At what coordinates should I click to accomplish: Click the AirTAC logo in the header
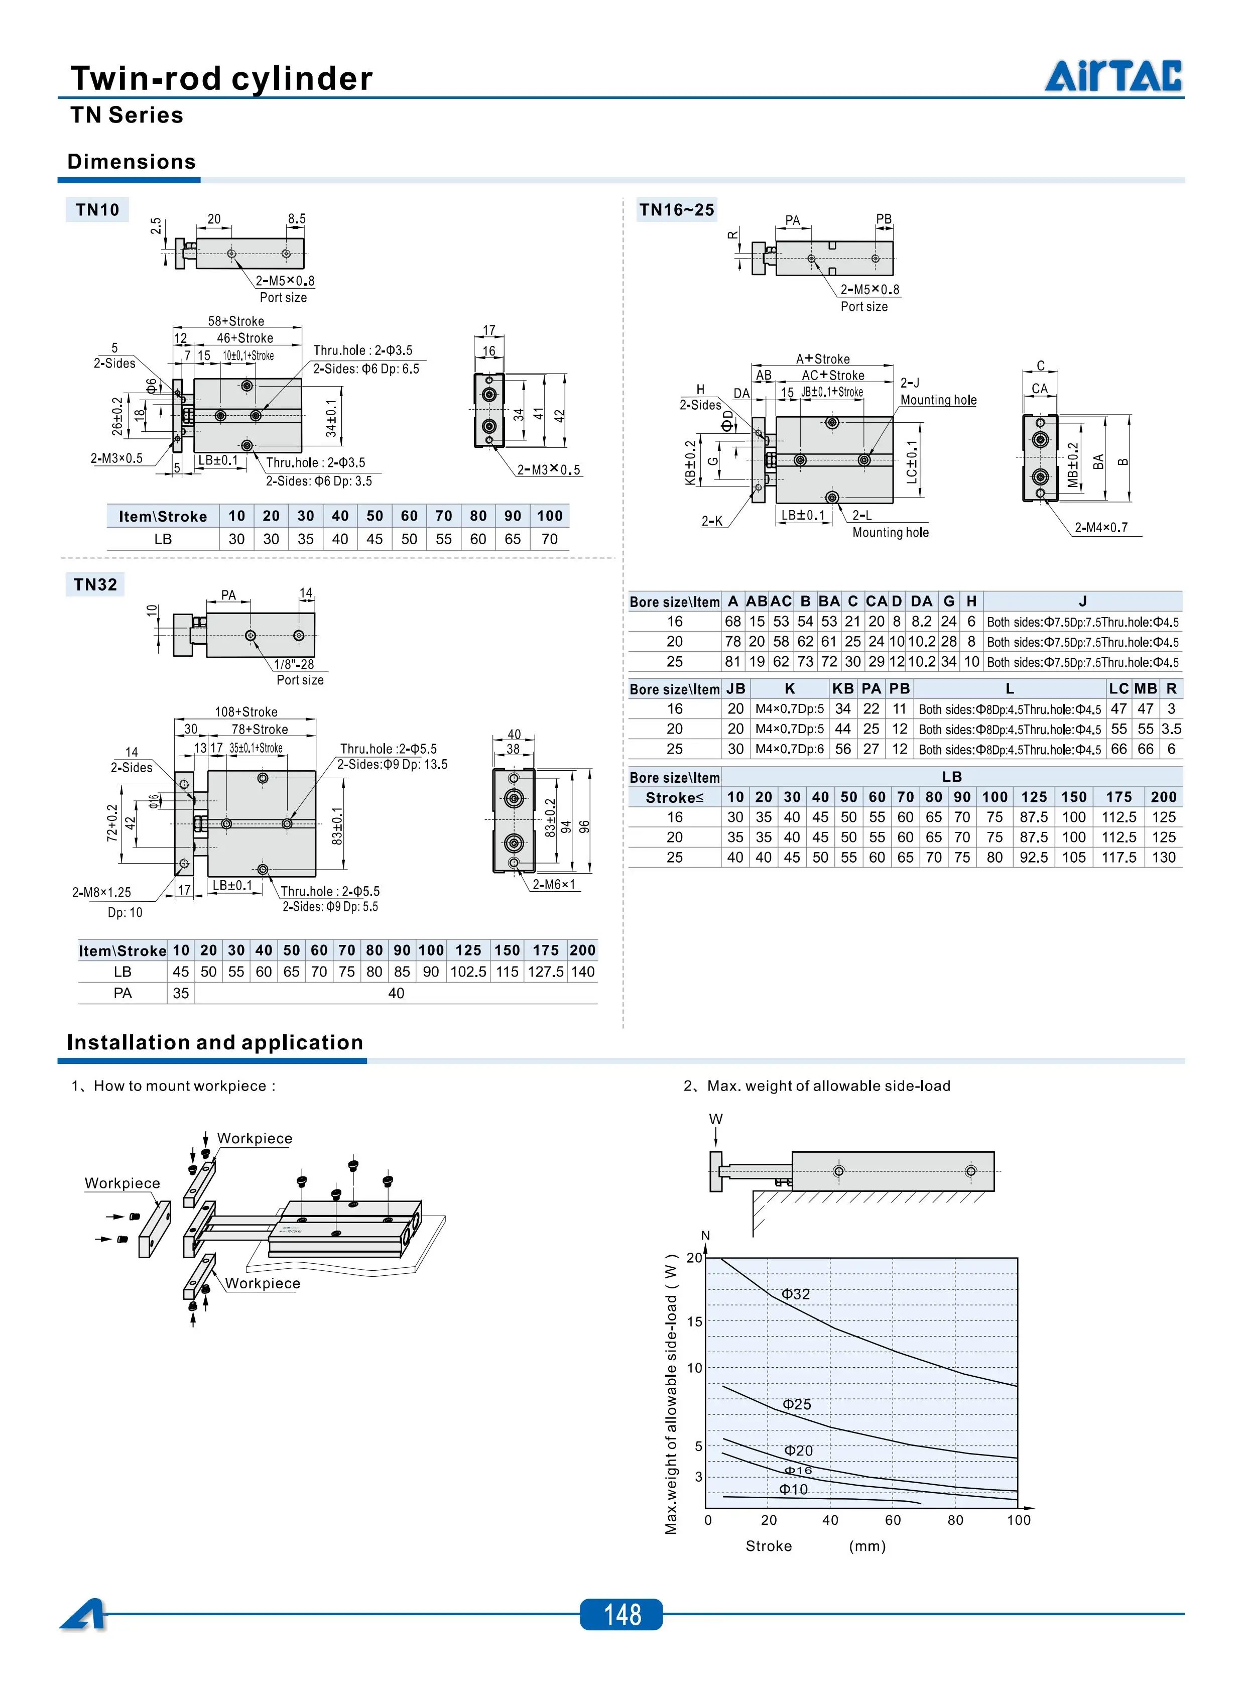coord(1113,75)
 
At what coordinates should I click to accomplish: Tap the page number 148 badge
coord(621,1615)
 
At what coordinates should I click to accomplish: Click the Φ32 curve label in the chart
coord(796,1294)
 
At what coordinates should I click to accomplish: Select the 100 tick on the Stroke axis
coord(1019,1520)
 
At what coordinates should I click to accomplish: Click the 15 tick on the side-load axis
coord(694,1321)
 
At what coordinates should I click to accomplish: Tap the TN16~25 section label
coord(676,210)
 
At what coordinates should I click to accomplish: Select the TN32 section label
coord(95,584)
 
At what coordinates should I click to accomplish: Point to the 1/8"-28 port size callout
coord(294,664)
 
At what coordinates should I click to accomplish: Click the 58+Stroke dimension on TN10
coord(236,321)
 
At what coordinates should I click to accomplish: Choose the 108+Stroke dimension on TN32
coord(246,712)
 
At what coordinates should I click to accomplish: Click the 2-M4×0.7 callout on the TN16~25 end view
coord(1101,527)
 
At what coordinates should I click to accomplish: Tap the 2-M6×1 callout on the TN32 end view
coord(554,884)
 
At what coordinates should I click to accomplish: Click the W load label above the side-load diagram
coord(715,1119)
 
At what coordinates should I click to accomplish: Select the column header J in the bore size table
coord(1083,601)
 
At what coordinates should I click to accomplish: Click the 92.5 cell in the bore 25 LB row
coord(1034,857)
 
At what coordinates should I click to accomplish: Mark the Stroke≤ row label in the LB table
coord(675,797)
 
